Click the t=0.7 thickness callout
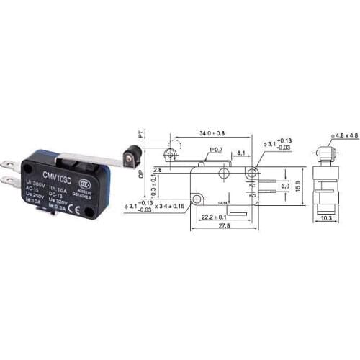click(x=216, y=149)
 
